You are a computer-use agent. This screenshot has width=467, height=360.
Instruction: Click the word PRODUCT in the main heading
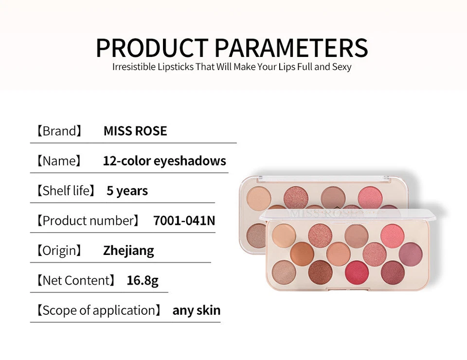(x=152, y=48)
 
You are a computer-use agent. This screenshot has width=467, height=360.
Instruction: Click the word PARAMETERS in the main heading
(x=291, y=48)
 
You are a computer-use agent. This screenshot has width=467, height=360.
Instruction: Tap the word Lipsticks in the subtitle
(x=175, y=67)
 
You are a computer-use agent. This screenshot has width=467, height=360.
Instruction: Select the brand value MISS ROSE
(x=135, y=131)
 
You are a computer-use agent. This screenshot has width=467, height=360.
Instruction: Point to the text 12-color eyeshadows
(x=164, y=161)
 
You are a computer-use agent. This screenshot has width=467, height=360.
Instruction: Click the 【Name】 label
(x=58, y=161)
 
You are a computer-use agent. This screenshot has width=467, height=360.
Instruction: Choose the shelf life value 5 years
(x=127, y=191)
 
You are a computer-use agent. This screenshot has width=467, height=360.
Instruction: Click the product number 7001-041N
(x=184, y=220)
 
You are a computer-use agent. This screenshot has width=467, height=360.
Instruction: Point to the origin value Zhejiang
(x=128, y=251)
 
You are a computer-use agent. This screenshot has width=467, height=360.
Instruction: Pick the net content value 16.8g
(x=143, y=280)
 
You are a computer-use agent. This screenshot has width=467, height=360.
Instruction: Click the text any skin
(x=197, y=310)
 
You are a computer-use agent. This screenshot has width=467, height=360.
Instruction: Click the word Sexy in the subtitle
(x=341, y=67)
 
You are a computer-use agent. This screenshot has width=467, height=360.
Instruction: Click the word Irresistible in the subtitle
(x=133, y=67)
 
